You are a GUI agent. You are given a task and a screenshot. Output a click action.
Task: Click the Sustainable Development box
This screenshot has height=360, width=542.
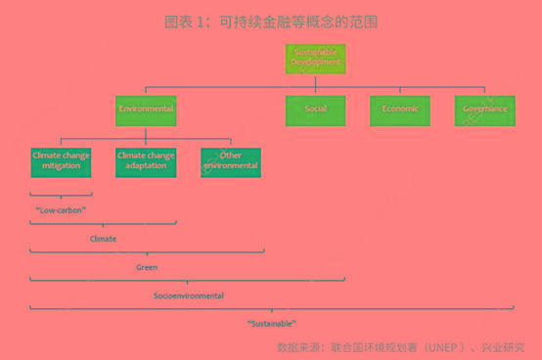tap(316, 57)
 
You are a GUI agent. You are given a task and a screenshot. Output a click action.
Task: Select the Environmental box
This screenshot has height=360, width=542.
tap(146, 110)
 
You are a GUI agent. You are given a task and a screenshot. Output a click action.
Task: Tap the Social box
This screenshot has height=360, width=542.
tap(316, 110)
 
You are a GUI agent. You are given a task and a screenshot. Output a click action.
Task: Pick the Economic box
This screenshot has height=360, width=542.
tap(400, 110)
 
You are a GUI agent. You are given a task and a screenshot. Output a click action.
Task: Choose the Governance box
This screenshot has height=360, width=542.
tap(484, 110)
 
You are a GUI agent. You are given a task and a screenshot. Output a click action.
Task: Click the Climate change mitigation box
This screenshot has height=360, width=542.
tap(61, 160)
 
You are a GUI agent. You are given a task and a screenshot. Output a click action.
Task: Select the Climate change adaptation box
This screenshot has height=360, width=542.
tap(146, 160)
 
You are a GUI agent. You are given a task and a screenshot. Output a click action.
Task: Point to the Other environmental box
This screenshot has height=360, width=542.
tap(231, 160)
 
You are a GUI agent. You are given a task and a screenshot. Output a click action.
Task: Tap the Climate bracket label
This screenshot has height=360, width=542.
tap(103, 238)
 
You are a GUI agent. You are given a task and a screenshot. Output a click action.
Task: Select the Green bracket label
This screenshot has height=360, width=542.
tap(147, 266)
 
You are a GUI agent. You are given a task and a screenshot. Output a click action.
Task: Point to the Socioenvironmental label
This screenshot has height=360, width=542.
tap(189, 294)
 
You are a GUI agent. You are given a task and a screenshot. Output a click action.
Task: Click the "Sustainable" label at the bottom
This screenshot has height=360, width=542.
tap(271, 323)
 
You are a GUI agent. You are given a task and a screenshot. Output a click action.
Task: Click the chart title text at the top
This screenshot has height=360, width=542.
tap(270, 21)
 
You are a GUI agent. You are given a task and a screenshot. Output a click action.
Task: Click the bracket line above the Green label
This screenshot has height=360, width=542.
tap(147, 251)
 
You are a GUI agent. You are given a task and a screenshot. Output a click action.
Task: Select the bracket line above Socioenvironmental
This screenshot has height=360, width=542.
tap(189, 280)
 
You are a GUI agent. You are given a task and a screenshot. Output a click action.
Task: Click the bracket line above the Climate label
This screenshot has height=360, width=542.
tap(103, 223)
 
